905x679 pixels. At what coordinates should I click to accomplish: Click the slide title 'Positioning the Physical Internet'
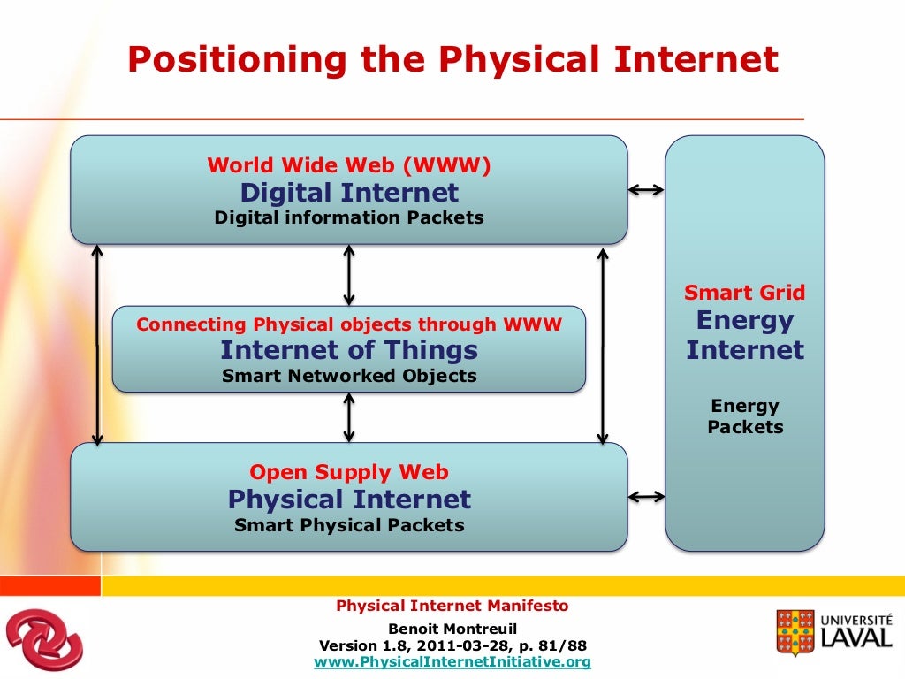452,59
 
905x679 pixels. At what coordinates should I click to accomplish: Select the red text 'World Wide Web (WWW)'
349,165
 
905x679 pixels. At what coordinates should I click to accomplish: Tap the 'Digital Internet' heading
349,192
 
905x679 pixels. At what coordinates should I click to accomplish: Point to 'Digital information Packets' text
349,217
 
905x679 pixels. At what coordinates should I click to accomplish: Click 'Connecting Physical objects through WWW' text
349,324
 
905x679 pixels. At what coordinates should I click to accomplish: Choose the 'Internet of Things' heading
349,350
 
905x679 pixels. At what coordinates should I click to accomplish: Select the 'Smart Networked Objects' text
349,376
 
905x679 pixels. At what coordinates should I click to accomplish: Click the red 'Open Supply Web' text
349,472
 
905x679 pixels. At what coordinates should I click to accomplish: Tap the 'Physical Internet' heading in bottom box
349,500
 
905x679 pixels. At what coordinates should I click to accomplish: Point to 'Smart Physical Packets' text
349,525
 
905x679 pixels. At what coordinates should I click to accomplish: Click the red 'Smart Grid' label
745,293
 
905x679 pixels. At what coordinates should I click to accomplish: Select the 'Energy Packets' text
745,416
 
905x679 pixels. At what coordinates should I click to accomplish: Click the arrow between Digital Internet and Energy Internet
646,189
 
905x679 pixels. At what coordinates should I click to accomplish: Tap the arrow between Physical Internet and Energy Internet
646,497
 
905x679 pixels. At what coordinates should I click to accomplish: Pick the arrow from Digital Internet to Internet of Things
349,276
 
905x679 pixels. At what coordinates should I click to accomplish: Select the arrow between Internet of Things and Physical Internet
349,417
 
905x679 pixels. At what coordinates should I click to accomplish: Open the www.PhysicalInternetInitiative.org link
452,661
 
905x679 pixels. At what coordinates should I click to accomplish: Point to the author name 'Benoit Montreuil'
452,629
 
